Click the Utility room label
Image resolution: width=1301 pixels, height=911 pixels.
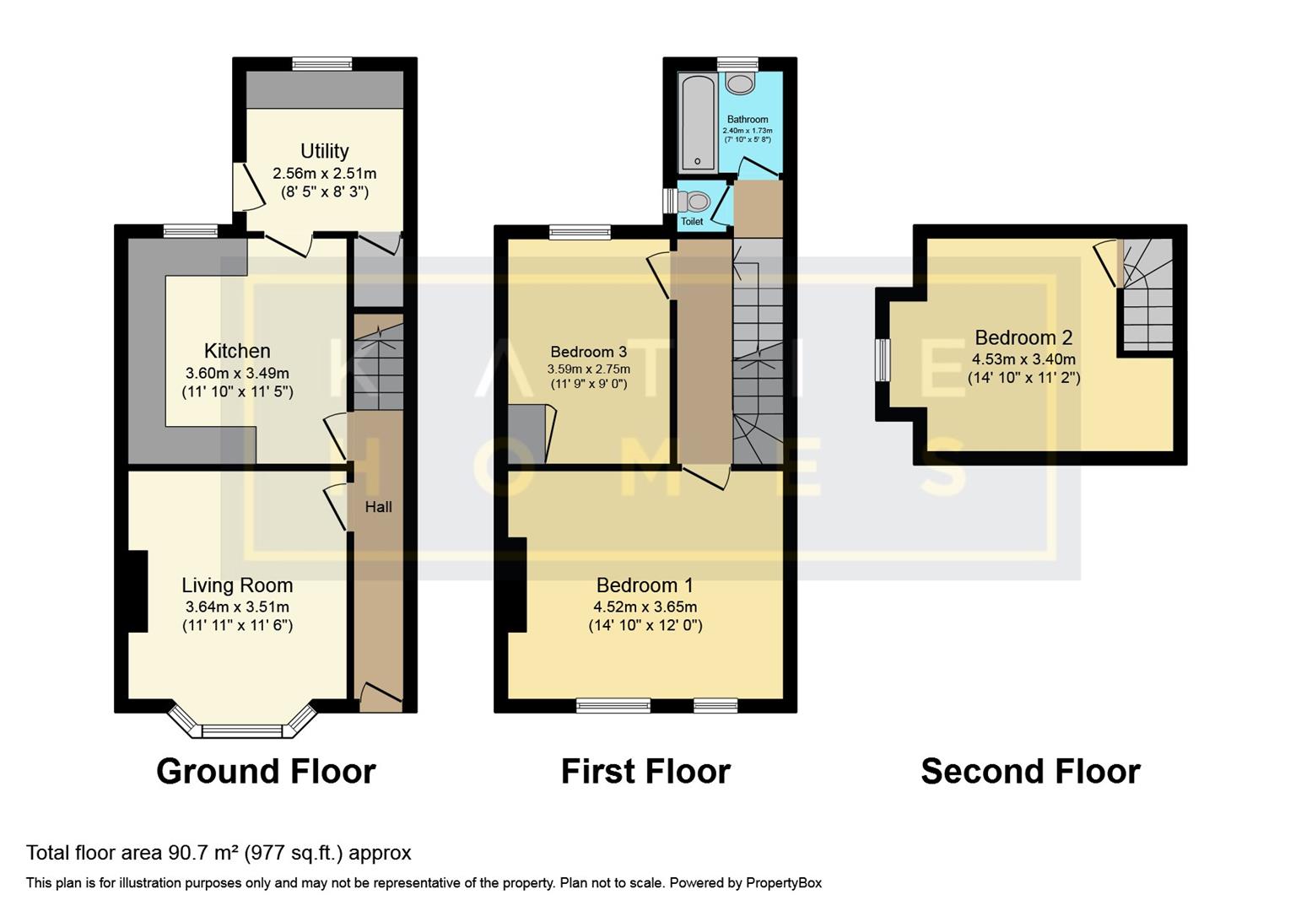point(324,151)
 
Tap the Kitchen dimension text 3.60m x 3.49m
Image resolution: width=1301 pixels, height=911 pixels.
point(237,373)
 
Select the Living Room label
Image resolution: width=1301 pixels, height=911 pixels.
point(237,585)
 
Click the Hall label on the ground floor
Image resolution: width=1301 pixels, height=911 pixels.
point(378,507)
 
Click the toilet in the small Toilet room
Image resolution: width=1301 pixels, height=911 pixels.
point(696,201)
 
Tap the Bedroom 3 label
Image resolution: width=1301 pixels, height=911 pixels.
point(588,352)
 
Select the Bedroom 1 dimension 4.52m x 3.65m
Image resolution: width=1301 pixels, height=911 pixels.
point(645,606)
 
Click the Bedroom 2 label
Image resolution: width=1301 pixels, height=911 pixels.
point(1023,337)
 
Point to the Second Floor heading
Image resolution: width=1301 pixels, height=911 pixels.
point(1030,772)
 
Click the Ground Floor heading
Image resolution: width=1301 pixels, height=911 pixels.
point(266,772)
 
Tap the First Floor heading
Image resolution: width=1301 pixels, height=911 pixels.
point(645,772)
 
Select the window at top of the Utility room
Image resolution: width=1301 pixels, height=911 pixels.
point(322,63)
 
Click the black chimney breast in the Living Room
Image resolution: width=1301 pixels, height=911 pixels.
point(138,590)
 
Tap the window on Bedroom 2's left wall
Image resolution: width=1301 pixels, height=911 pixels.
point(883,360)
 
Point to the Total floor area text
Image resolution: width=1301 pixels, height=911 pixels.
point(219,853)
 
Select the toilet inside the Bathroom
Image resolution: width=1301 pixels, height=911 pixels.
point(741,84)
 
